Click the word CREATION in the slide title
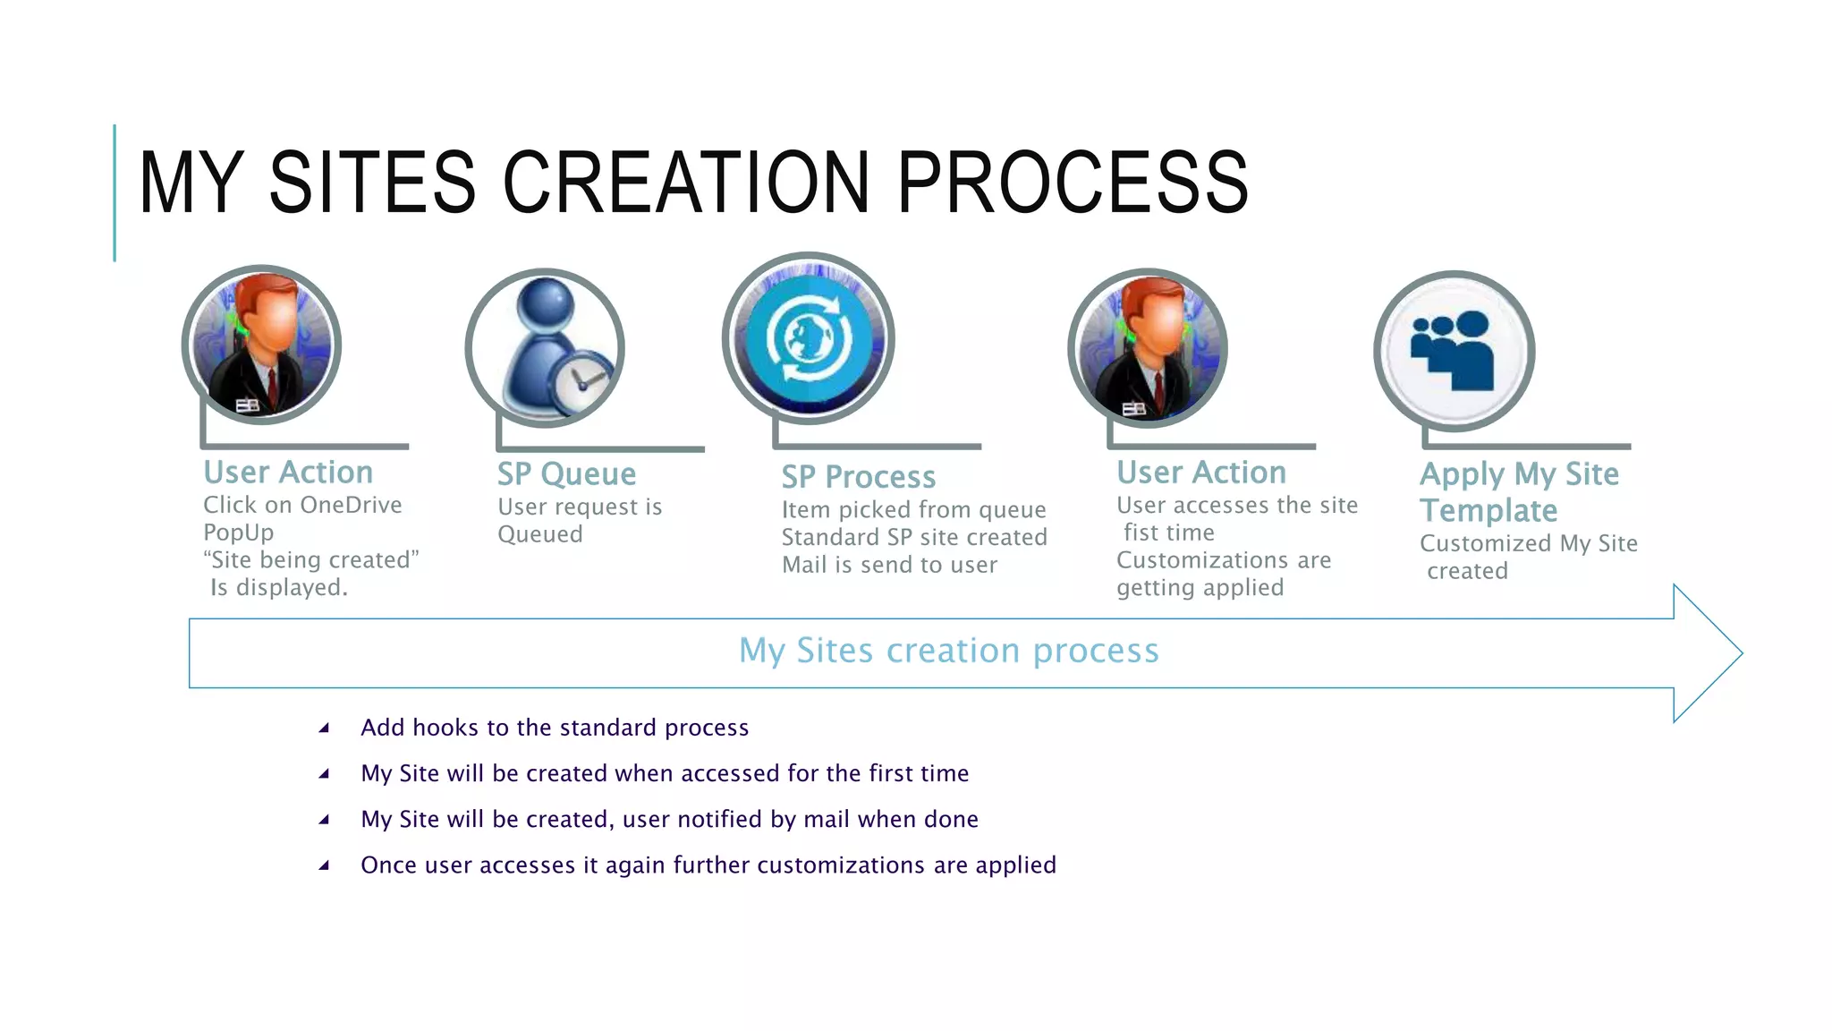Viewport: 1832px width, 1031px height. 685,183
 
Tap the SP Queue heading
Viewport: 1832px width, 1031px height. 566,473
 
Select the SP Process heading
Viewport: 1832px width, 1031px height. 858,476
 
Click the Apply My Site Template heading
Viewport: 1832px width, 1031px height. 1518,491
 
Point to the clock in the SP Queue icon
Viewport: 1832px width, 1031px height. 581,380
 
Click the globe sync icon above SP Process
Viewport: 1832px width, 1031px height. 809,339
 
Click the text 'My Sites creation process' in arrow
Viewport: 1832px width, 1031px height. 948,651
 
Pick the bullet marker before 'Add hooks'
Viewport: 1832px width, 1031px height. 324,729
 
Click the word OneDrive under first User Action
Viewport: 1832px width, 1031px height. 352,505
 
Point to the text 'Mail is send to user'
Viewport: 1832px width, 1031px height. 889,565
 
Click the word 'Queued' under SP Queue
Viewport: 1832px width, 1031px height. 539,534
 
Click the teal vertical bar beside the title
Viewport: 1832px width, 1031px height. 114,192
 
